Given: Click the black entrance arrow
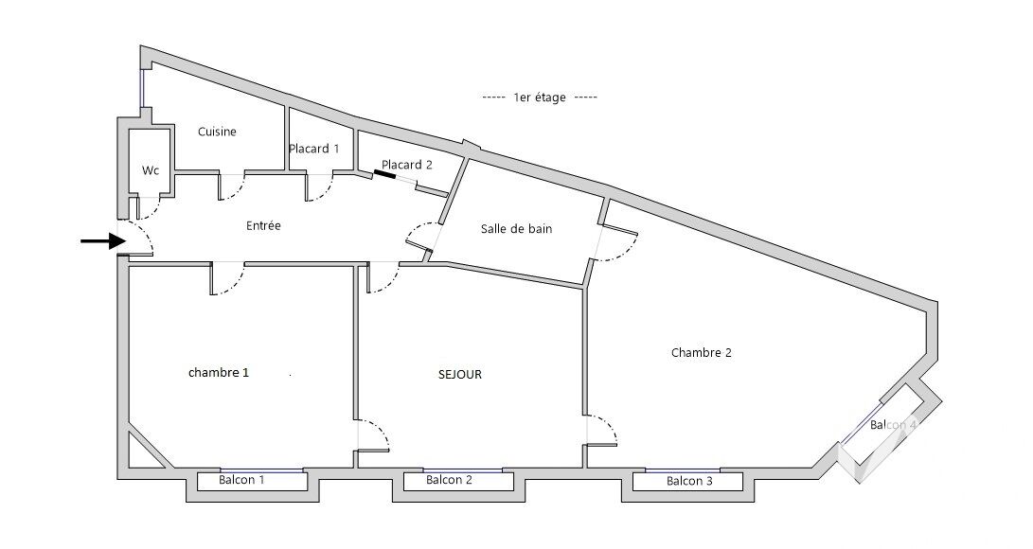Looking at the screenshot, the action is [103, 241].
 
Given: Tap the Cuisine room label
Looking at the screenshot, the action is [217, 132].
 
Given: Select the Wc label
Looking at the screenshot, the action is [151, 170].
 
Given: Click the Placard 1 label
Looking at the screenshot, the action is [313, 149].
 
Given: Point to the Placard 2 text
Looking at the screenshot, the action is [406, 165].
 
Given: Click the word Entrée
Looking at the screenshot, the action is [263, 226].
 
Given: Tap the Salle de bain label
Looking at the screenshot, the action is [517, 229].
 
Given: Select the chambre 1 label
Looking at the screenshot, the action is [219, 373].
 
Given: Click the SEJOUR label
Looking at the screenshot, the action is [460, 375].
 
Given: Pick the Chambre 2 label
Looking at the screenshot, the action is [701, 353].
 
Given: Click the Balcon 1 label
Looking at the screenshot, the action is [241, 480].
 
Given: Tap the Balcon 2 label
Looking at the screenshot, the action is [449, 480].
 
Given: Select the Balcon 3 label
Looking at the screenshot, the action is [689, 481].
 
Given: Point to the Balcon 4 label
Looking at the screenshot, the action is [893, 425].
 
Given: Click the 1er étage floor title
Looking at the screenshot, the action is [540, 97].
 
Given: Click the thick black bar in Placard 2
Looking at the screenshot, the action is [384, 174].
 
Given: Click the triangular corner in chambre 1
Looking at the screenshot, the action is [141, 449].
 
